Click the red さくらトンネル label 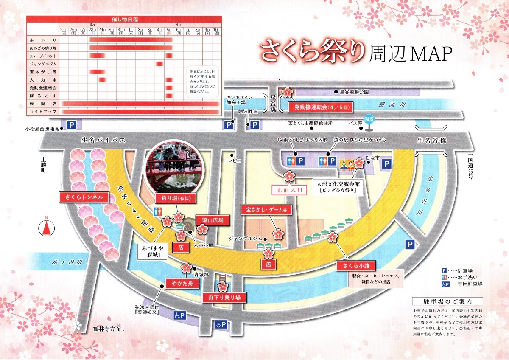pyautogui.click(x=84, y=197)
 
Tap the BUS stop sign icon pyautogui.click(x=369, y=120)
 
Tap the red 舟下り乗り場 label pyautogui.click(x=224, y=297)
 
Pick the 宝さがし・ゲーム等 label pyautogui.click(x=266, y=210)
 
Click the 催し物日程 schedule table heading pyautogui.click(x=124, y=20)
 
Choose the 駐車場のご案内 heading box pyautogui.click(x=447, y=301)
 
